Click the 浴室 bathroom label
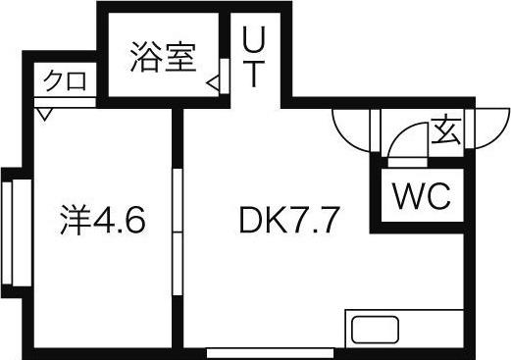coord(164,58)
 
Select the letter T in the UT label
coord(254,76)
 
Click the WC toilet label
coord(422,196)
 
